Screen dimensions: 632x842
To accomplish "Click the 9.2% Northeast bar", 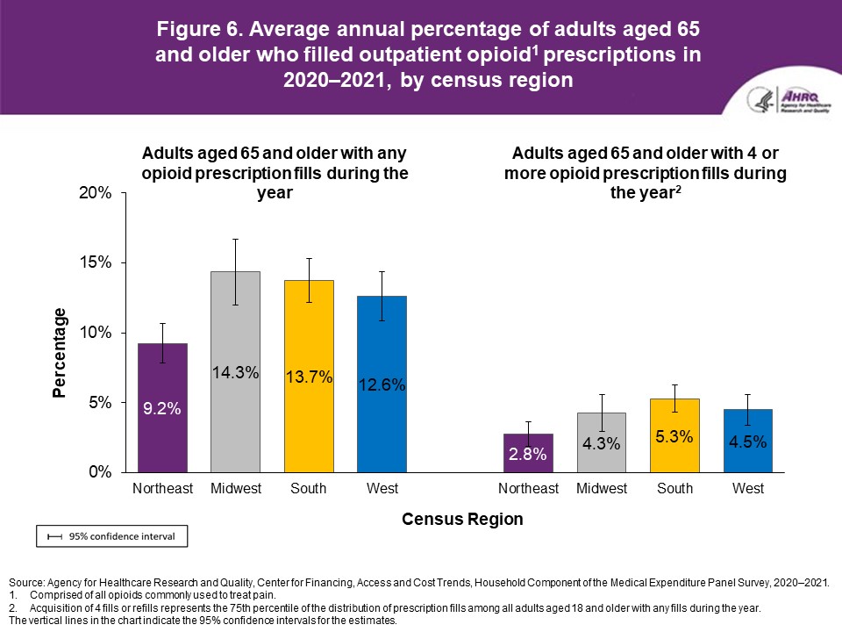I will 162,407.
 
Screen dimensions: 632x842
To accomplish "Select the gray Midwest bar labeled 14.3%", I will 235,371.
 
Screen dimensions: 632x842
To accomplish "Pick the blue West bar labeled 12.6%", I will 381,384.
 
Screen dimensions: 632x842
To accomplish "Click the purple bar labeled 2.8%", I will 528,453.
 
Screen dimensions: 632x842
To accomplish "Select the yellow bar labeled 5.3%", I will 674,435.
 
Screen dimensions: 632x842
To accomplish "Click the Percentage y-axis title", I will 60,353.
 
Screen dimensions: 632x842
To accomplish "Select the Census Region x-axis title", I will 462,519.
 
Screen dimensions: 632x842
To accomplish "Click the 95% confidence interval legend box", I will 111,535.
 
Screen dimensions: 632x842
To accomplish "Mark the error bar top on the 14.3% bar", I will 235,239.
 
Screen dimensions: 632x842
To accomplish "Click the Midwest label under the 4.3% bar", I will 602,489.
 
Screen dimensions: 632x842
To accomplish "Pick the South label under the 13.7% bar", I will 308,489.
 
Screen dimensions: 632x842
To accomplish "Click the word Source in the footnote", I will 25,583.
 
